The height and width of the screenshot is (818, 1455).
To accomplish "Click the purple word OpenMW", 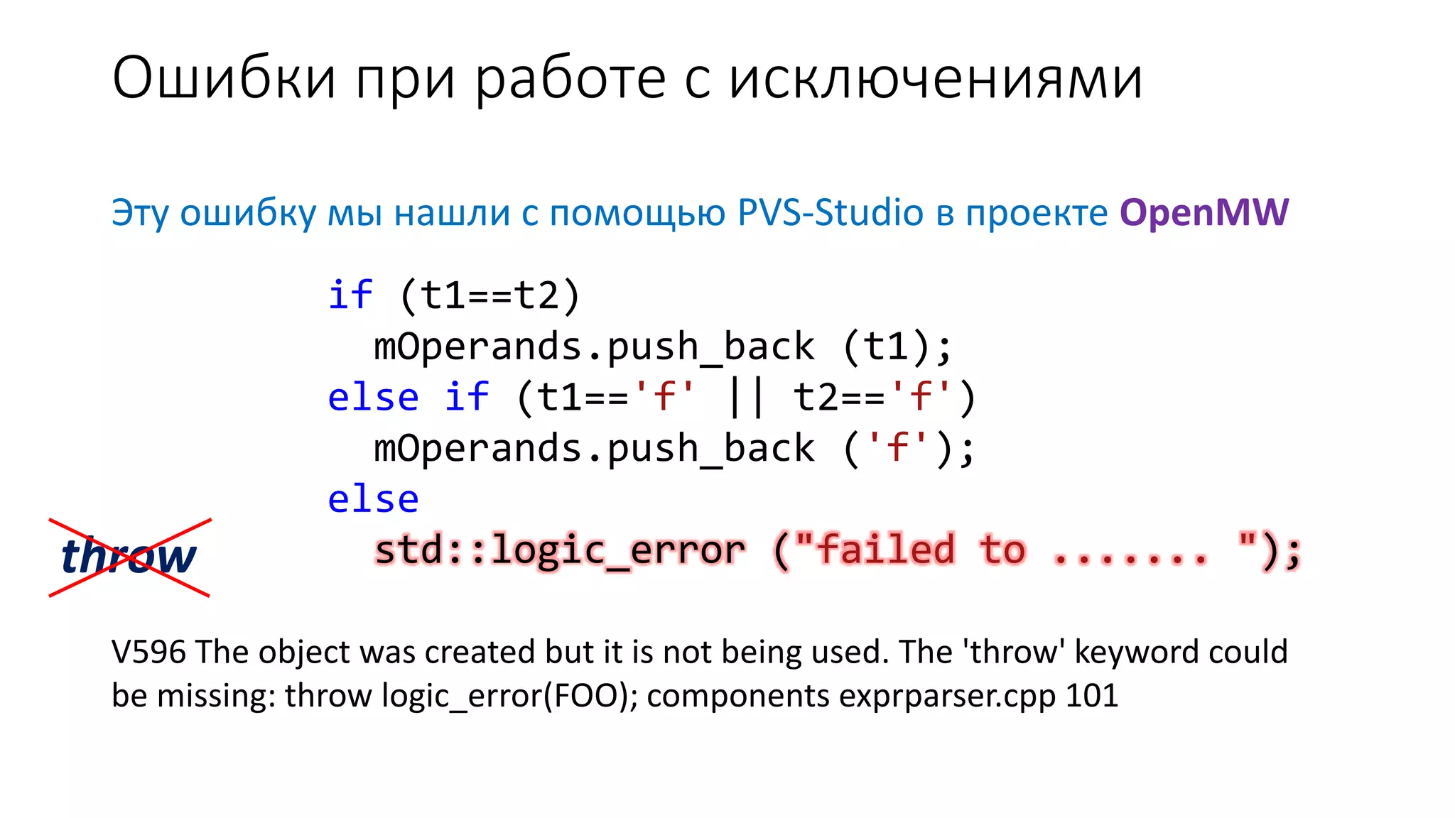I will pos(1204,212).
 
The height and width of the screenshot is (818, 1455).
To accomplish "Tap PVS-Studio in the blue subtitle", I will pos(830,212).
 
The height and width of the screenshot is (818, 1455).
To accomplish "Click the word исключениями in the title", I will pos(936,78).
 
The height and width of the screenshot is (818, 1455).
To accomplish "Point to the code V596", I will pos(148,652).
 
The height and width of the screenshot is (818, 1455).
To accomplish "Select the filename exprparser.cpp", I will pos(948,696).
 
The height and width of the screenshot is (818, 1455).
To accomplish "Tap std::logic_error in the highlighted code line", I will pos(560,550).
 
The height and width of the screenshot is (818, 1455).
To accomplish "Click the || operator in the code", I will pos(747,397).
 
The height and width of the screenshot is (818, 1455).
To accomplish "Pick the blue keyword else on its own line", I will pos(373,499).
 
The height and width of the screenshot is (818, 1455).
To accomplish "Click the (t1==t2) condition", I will pos(490,295).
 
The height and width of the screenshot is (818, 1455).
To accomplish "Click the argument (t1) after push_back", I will pos(897,347).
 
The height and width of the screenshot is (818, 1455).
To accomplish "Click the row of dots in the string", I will pos(1130,554).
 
